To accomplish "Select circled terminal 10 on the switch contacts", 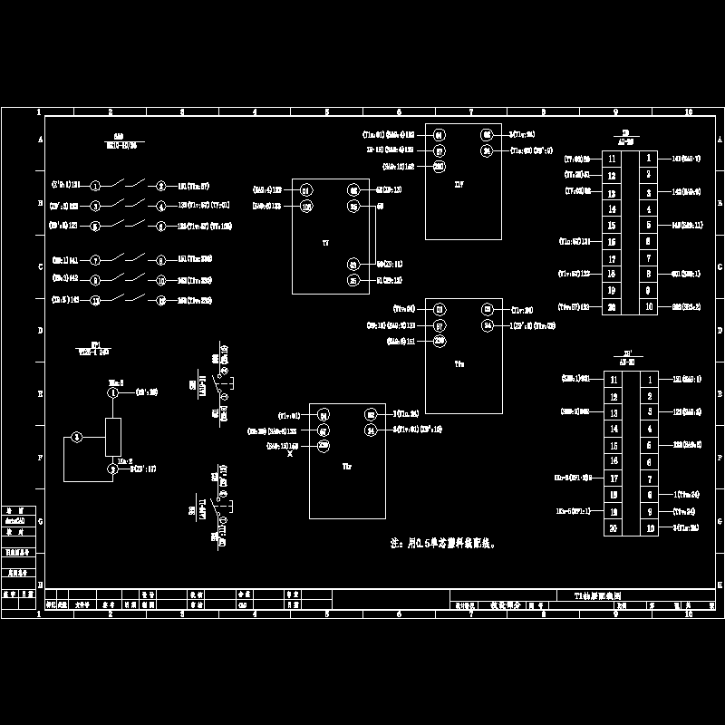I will (160, 280).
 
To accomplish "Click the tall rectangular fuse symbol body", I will (114, 437).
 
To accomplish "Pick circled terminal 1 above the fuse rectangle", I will (114, 393).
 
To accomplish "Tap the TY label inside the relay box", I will (325, 244).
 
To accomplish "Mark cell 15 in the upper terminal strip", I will (612, 226).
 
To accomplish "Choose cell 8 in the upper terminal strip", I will (648, 274).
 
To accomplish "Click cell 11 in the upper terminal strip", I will (612, 158).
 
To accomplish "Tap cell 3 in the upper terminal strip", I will (648, 192).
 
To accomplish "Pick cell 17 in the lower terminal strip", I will (614, 478).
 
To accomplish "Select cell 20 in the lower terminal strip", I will (614, 527).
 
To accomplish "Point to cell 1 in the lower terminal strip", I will (649, 377).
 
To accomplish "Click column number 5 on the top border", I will (326, 112).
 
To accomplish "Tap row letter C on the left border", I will (39, 267).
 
